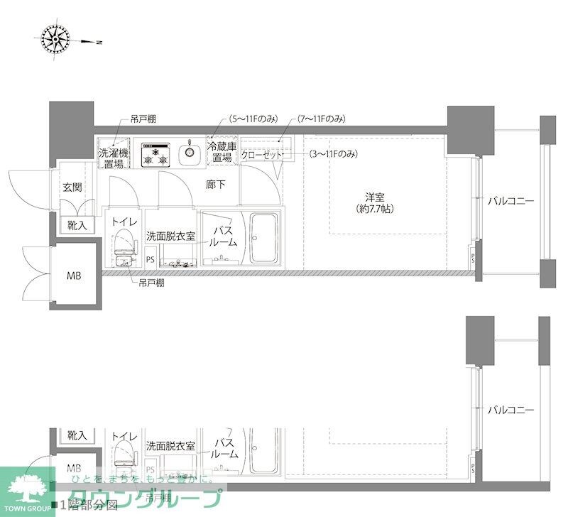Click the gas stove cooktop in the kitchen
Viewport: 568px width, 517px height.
[x=155, y=153]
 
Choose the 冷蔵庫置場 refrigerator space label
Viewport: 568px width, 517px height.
[x=221, y=152]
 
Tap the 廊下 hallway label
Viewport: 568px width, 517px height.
[x=216, y=183]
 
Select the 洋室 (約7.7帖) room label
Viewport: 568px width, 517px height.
[x=373, y=203]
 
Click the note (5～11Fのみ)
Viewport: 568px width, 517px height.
[x=253, y=118]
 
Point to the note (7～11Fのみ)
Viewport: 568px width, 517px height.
[x=322, y=118]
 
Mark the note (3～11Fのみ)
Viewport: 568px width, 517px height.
[x=333, y=154]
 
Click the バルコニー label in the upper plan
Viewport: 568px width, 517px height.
[x=510, y=201]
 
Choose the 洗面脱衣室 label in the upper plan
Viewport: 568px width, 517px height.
[x=170, y=236]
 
